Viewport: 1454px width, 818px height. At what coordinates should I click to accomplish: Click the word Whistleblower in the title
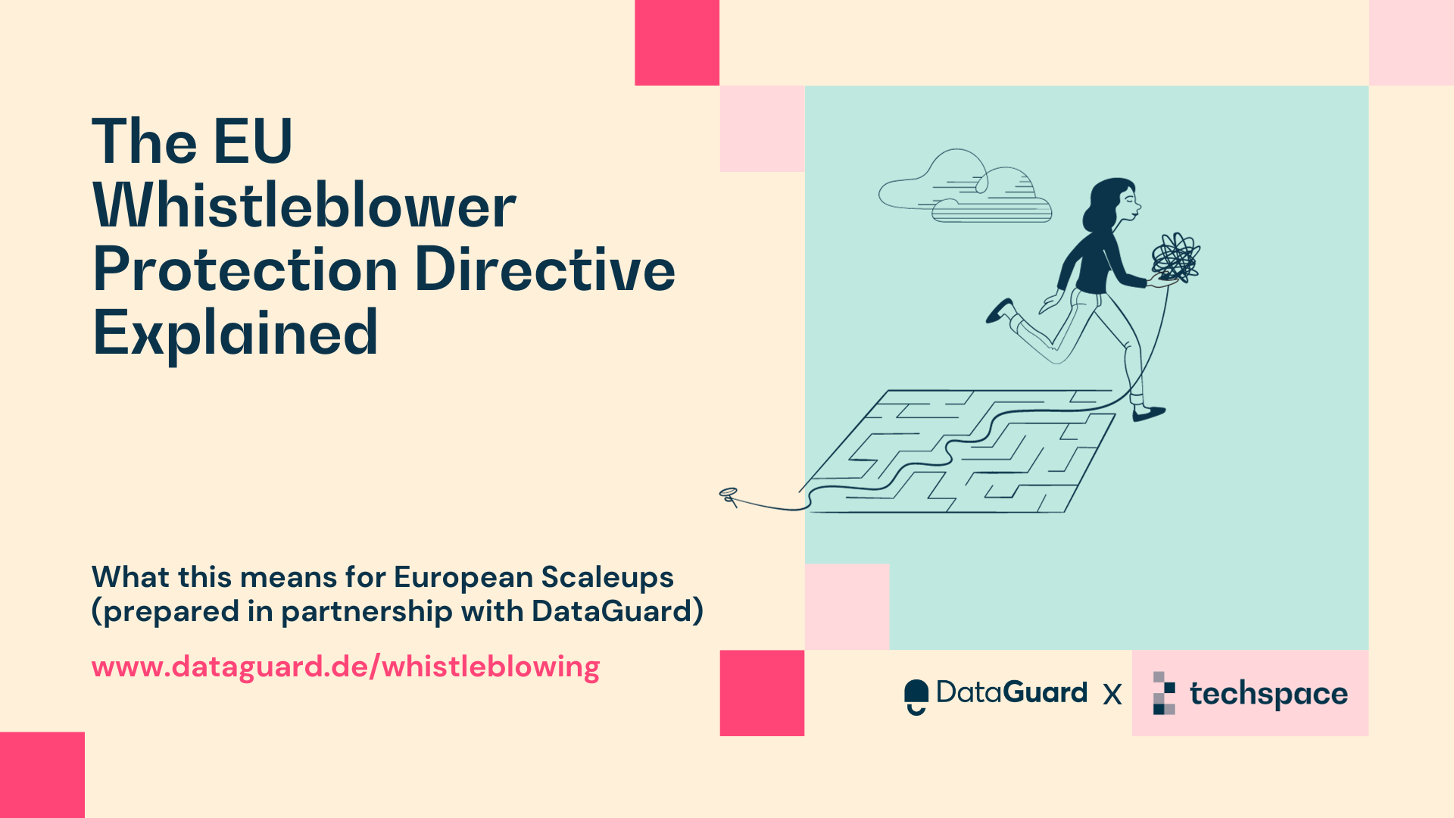pyautogui.click(x=304, y=206)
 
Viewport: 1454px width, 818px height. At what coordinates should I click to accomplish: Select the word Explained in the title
pyautogui.click(x=235, y=333)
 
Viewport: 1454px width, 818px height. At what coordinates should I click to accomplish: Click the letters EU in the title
pyautogui.click(x=253, y=142)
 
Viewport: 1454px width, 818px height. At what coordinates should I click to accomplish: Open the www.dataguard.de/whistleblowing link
pyautogui.click(x=345, y=667)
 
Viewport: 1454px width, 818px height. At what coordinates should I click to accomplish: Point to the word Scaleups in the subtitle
pyautogui.click(x=607, y=577)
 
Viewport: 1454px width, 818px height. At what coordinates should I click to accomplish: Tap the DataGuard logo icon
pyautogui.click(x=916, y=696)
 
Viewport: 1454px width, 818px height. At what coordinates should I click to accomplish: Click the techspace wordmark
pyautogui.click(x=1268, y=694)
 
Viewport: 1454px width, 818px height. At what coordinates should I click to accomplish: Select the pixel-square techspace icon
pyautogui.click(x=1164, y=693)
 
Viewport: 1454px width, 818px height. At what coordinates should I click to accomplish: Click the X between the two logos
pyautogui.click(x=1112, y=695)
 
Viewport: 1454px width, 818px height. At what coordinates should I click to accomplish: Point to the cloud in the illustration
pyautogui.click(x=966, y=188)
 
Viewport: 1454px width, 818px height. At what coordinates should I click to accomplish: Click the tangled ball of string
pyautogui.click(x=1175, y=258)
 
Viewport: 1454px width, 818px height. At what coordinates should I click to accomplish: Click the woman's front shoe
pyautogui.click(x=1148, y=414)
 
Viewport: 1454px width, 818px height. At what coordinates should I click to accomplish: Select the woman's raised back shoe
pyautogui.click(x=1000, y=310)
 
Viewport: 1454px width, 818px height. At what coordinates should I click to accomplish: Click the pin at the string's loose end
pyautogui.click(x=729, y=495)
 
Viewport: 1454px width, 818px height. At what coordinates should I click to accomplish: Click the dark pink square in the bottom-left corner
pyautogui.click(x=42, y=774)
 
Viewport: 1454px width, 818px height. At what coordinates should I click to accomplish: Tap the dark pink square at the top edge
pyautogui.click(x=676, y=42)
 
